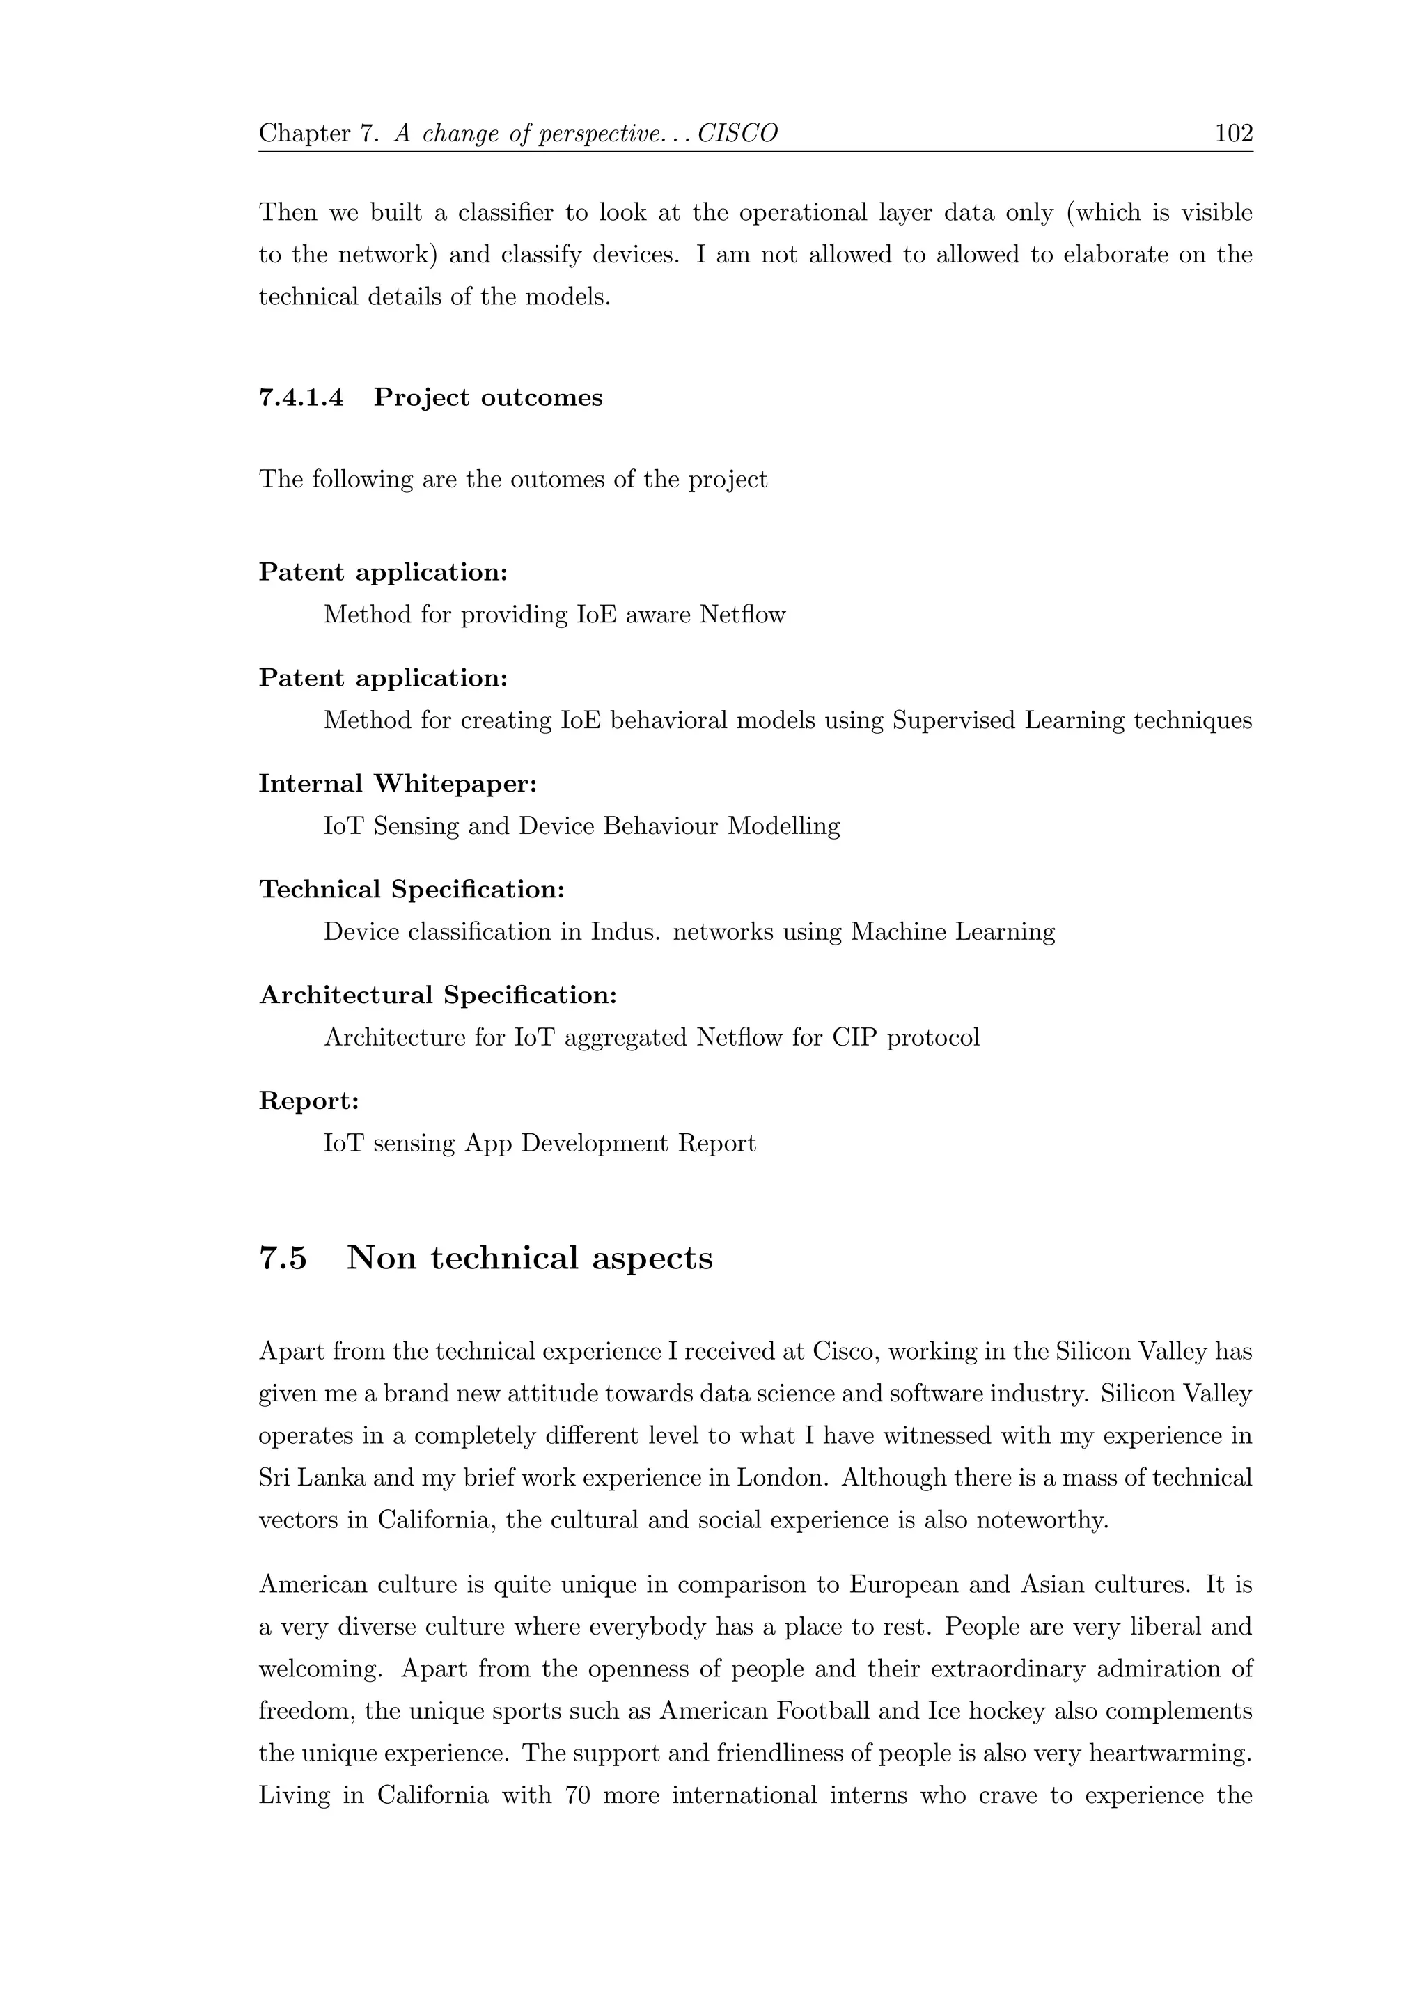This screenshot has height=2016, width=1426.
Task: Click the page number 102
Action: (x=1233, y=134)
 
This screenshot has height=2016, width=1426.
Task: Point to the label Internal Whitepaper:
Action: (x=398, y=783)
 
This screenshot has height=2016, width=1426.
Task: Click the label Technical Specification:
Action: (x=412, y=890)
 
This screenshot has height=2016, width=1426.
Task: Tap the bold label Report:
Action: (x=309, y=1101)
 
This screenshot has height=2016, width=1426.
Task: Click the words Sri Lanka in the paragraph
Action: (x=312, y=1478)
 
